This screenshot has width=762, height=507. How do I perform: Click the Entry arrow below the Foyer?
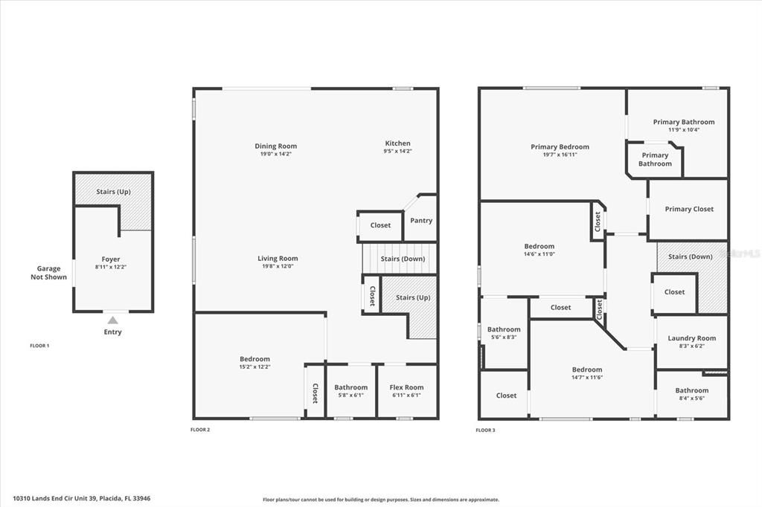pos(112,320)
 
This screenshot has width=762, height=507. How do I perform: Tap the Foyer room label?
pos(110,259)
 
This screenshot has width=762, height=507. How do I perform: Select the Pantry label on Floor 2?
pos(421,220)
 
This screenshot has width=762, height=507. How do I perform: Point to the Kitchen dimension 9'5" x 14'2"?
pos(397,151)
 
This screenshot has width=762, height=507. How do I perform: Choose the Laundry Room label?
pos(691,338)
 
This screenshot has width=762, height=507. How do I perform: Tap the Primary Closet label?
pos(689,209)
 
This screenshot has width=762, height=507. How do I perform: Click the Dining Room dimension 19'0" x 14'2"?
pos(275,154)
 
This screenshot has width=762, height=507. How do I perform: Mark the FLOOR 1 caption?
pos(39,346)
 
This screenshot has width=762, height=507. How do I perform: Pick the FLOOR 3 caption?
pos(485,430)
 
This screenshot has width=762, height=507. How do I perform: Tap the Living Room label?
pos(278,259)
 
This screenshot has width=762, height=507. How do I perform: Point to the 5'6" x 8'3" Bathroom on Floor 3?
pos(504,333)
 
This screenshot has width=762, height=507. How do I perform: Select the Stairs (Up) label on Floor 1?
pos(113,192)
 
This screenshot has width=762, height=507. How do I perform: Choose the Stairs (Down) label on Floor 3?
pos(690,256)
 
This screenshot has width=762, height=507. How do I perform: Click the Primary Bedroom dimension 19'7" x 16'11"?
pos(560,155)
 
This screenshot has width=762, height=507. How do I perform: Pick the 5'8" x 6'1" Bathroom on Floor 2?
pos(350,391)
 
